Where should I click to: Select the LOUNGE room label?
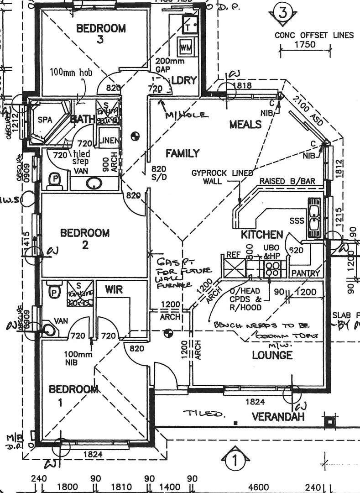point(272,355)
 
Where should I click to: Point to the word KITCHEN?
point(262,235)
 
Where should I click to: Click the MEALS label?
point(245,124)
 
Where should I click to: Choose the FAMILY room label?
point(183,153)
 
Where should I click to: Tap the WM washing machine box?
point(186,47)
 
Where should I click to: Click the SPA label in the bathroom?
point(45,120)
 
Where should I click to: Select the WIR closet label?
point(114,289)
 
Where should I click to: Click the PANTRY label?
point(305,273)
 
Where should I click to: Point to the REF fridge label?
point(234,255)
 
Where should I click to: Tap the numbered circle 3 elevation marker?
point(282,13)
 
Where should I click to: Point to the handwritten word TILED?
point(204,414)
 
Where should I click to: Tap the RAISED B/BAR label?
point(287,181)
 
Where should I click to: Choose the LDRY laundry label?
point(185,80)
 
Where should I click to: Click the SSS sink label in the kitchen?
point(297,221)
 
